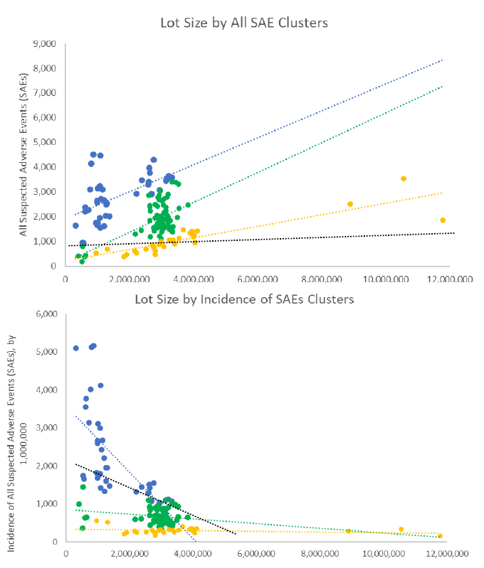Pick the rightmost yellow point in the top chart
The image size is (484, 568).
click(x=443, y=220)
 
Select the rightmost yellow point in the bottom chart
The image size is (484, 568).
click(x=440, y=536)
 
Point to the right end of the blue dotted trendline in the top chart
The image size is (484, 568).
click(x=443, y=60)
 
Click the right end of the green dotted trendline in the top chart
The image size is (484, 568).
click(x=443, y=87)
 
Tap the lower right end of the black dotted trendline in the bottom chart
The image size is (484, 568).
click(x=236, y=533)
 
